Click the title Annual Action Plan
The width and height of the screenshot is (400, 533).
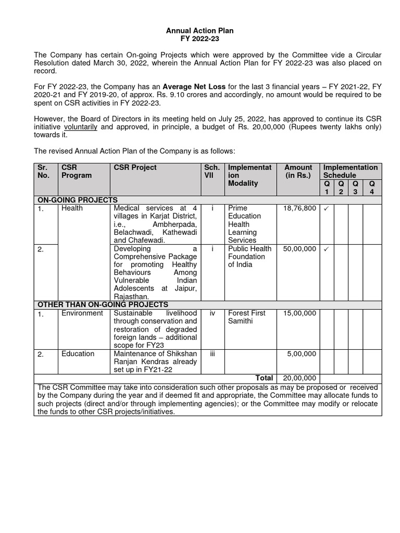[x=199, y=31]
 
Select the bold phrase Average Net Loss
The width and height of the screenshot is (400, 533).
[x=194, y=87]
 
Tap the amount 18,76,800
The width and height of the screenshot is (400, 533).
[x=299, y=208]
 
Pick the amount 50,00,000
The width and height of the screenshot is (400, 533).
[x=299, y=249]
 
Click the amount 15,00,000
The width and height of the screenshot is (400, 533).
[x=299, y=313]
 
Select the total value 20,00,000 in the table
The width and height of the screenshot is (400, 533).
[x=299, y=378]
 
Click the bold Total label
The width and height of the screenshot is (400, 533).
[x=264, y=378]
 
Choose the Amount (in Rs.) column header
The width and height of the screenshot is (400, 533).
[x=298, y=172]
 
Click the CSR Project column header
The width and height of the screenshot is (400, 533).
[x=135, y=168]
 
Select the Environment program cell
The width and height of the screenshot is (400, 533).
[x=82, y=313]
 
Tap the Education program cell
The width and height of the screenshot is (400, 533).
[x=78, y=354]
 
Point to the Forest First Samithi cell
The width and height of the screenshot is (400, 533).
[x=246, y=317]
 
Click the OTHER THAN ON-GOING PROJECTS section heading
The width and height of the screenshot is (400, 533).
[x=102, y=304]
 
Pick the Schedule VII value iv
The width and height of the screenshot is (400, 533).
[x=213, y=313]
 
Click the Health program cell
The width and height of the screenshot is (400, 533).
[x=72, y=208]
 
